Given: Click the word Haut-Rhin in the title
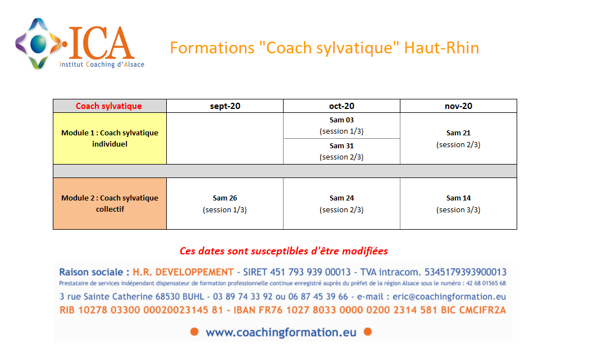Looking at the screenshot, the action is (x=441, y=48).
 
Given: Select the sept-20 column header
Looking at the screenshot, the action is (x=225, y=106).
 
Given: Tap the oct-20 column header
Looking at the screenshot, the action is (x=341, y=106).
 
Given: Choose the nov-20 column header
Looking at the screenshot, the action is (x=458, y=106).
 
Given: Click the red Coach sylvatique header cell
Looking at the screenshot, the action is (x=110, y=106).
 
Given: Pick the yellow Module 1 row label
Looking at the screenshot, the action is (x=110, y=138).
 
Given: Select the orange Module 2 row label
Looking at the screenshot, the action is (x=110, y=203).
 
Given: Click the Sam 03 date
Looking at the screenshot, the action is (x=341, y=120).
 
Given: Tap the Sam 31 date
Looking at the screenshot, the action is (x=341, y=145).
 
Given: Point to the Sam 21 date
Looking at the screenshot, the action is (x=458, y=133).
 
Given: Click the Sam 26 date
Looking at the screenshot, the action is (x=225, y=198).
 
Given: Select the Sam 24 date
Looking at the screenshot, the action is (x=341, y=198).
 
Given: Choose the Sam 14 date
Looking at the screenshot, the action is (x=458, y=198).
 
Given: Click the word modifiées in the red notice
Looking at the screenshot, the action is (x=365, y=251).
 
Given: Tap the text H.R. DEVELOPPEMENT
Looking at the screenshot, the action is (x=183, y=272).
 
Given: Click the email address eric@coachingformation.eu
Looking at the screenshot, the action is (x=449, y=297).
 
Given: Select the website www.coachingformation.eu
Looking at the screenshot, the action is (x=281, y=332).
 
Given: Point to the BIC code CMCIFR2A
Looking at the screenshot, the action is (x=482, y=310).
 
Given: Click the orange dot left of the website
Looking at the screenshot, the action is (x=194, y=332).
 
